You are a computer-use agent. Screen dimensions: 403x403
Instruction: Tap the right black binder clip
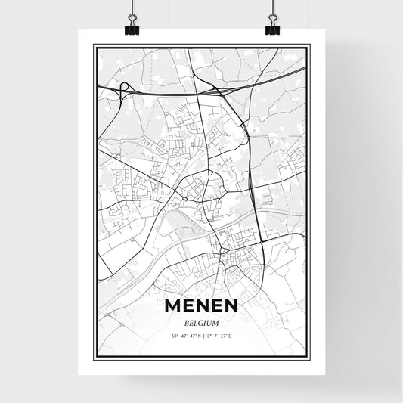tap(272, 29)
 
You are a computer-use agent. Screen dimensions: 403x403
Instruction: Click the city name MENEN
tap(201, 305)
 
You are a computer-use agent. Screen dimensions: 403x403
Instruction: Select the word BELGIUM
tap(201, 321)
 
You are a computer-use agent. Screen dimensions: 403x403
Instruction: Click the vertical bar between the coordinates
tap(201, 334)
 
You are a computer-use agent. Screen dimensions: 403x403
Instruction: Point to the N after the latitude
tap(196, 334)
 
